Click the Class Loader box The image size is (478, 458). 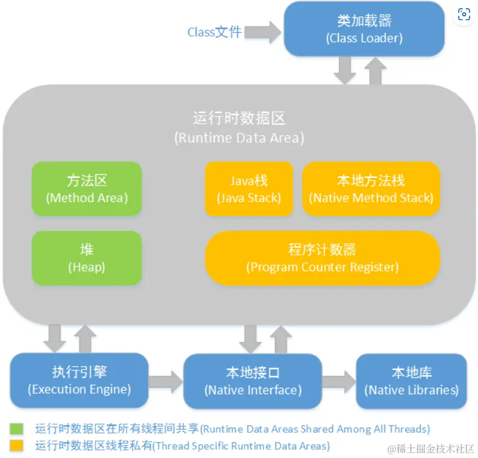pos(365,29)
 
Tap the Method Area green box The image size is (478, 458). pos(87,189)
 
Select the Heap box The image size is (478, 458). pos(87,258)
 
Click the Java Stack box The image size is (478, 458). pos(249,189)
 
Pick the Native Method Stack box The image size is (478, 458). pos(371,189)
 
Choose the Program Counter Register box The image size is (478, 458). pos(322,258)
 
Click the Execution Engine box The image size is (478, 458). pos(79,380)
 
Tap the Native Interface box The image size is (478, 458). pos(253,381)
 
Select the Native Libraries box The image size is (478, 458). pos(411,381)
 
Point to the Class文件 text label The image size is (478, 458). pos(214,32)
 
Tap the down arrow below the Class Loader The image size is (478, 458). pos(345,70)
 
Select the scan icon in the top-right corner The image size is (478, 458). pos(464,15)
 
